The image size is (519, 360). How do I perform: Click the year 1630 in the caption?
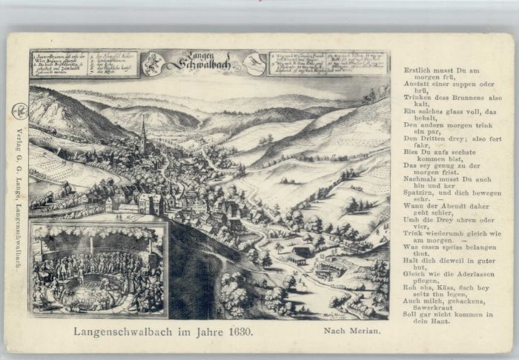239,332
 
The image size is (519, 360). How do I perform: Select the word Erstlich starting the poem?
417,69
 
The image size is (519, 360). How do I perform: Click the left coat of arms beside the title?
153,64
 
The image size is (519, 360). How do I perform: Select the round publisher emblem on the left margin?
18,110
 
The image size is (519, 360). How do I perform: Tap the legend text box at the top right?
328,63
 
